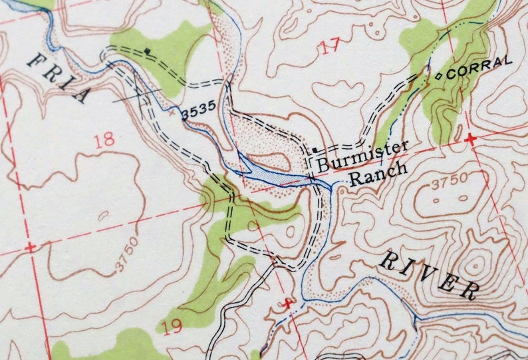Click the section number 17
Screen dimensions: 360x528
(x=329, y=46)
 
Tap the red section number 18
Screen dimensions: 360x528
(x=104, y=140)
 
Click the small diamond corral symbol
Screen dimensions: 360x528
(x=439, y=75)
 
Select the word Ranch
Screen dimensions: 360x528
(x=378, y=174)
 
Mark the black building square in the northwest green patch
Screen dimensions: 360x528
(x=147, y=51)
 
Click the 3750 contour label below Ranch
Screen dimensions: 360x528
(x=449, y=181)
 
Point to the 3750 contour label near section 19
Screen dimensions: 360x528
(x=129, y=254)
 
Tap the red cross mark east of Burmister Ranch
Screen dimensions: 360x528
(x=471, y=139)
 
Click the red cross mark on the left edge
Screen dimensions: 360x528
(x=29, y=247)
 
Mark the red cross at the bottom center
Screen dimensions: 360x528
(x=287, y=303)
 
